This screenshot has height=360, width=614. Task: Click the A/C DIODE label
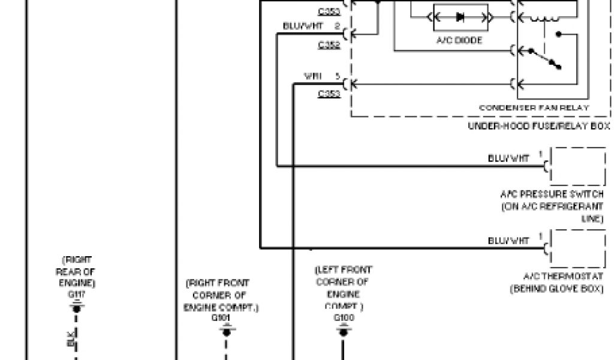pyautogui.click(x=459, y=40)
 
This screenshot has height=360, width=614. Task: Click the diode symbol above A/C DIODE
pyautogui.click(x=460, y=17)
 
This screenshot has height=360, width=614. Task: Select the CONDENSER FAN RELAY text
pyautogui.click(x=534, y=107)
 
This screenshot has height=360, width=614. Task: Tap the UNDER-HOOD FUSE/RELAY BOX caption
pyautogui.click(x=538, y=126)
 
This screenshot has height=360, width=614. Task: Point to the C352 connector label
pyautogui.click(x=329, y=45)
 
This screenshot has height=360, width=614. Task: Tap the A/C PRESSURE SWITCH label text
pyautogui.click(x=552, y=194)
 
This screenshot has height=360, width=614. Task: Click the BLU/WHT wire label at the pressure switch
pyautogui.click(x=509, y=159)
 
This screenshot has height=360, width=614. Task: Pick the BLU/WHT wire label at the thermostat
pyautogui.click(x=509, y=241)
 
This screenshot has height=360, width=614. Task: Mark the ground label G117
pyautogui.click(x=76, y=295)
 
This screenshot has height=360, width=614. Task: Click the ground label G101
pyautogui.click(x=226, y=318)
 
